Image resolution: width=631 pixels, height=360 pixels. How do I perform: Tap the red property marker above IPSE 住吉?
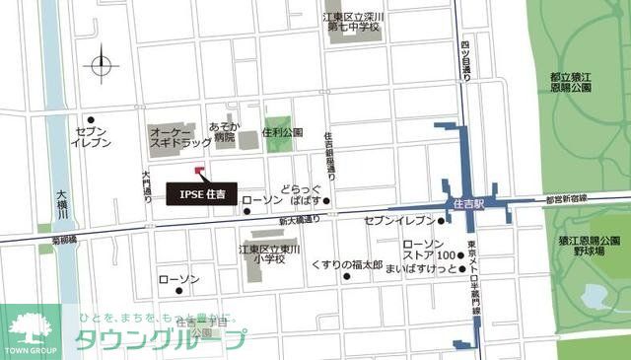click(199, 171)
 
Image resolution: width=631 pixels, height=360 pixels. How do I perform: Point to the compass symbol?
click(103, 67)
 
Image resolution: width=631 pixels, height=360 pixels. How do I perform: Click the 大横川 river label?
click(61, 205)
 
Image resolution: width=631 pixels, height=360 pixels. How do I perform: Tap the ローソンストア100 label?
click(429, 251)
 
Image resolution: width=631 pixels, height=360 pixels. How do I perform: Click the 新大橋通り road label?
click(299, 220)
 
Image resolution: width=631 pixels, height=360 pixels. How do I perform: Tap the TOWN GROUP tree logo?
click(30, 330)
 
